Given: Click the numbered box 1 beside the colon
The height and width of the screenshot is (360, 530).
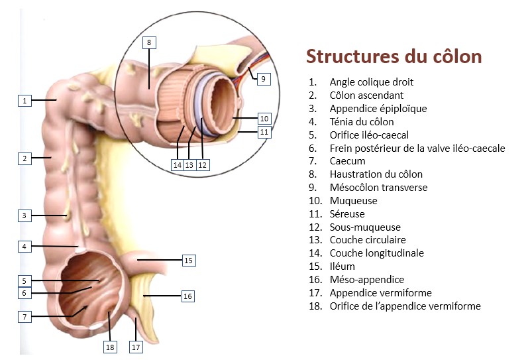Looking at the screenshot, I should pos(25,101).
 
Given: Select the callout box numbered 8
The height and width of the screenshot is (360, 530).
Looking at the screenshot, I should pos(149,42).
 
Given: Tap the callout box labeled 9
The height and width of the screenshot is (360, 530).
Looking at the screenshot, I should pos(263,78).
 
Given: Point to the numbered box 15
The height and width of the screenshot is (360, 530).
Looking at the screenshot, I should pos(188,261).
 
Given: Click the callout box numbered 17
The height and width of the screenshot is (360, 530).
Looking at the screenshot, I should pos(136,346).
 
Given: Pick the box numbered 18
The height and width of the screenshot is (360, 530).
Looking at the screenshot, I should pos(110,346).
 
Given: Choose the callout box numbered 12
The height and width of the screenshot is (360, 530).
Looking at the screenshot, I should pos(202,164).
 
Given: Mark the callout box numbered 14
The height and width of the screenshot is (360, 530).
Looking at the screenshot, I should pos(177,164).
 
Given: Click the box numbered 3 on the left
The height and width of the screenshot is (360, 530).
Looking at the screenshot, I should pos(25,215).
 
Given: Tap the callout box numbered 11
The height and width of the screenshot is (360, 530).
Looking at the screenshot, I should pos(264,132).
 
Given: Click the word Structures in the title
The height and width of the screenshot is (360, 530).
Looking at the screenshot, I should pos(348,57).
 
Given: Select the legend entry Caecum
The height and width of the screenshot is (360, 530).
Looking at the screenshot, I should pos(347,161).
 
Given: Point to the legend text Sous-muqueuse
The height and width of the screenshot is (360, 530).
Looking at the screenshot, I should pos(365,227).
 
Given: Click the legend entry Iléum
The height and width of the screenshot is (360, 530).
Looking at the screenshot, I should pos(342,267).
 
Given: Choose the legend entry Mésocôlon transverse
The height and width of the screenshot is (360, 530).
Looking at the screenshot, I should pos(378,188).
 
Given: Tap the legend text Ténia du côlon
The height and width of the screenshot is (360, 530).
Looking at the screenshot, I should pos(361,121).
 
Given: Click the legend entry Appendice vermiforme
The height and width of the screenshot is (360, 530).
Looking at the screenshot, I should pos(380,292).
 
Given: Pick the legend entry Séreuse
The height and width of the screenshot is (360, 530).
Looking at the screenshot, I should pos(347,213).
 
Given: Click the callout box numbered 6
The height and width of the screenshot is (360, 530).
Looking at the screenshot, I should pos(25,293).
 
